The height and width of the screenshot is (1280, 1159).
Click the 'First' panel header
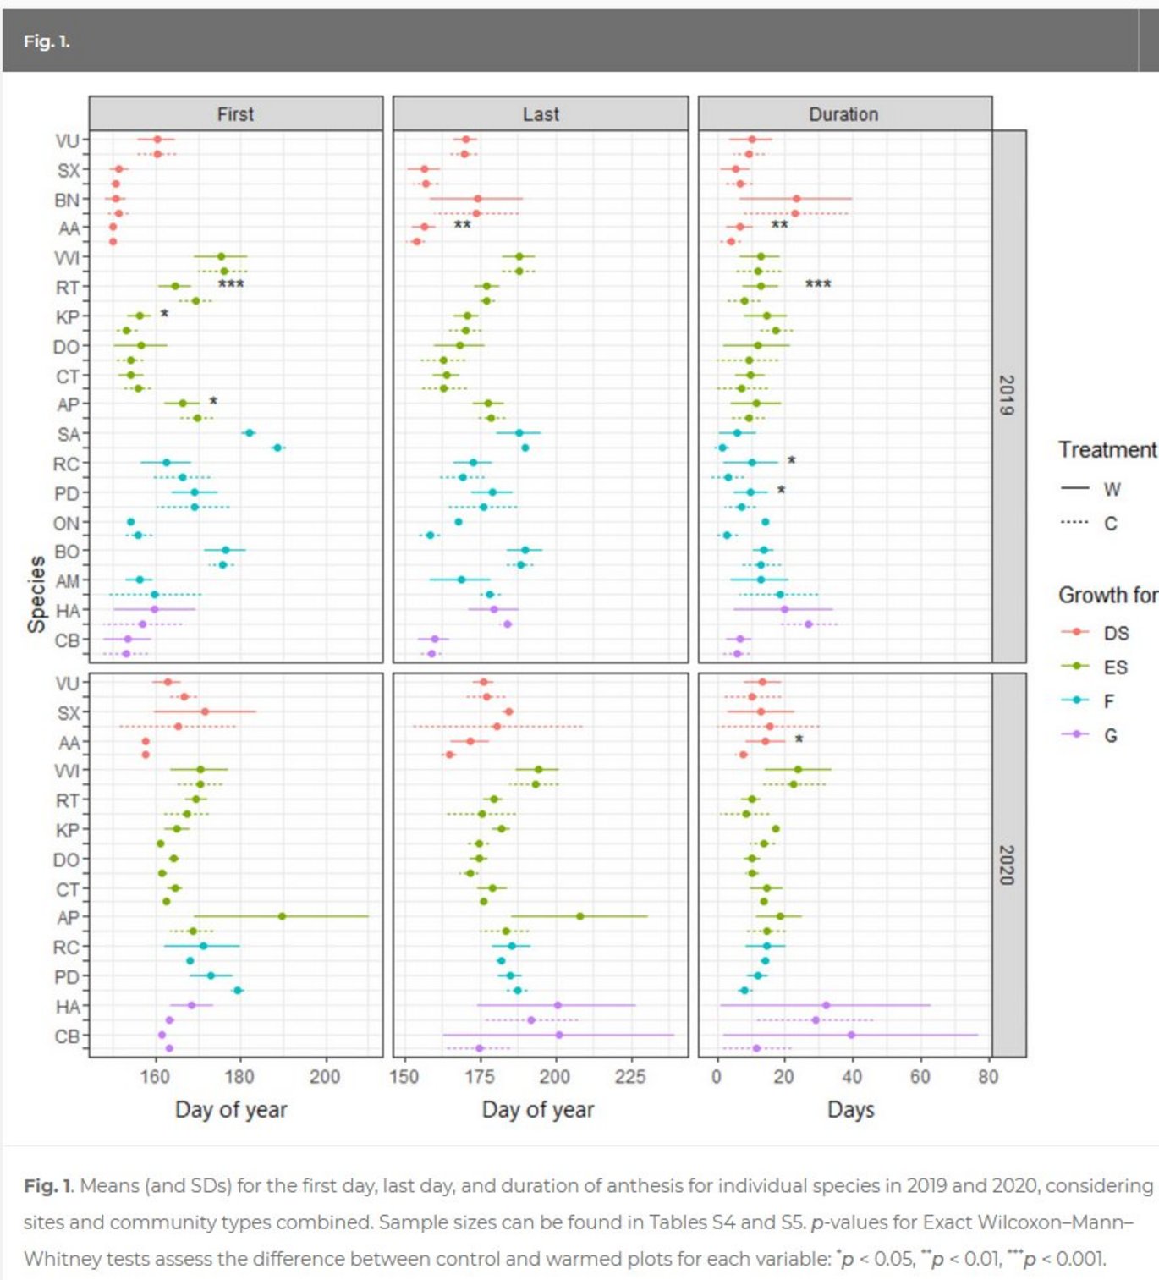(235, 114)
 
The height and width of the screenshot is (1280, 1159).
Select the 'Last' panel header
(541, 114)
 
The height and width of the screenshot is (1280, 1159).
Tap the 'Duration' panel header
(843, 114)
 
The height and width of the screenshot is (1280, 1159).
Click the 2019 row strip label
(1007, 395)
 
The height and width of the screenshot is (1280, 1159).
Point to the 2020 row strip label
(1007, 865)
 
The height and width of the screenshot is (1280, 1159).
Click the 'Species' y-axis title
(36, 594)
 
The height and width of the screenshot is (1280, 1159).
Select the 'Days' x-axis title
(850, 1109)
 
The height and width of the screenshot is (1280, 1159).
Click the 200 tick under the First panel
(325, 1077)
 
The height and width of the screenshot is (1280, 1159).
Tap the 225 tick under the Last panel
(630, 1077)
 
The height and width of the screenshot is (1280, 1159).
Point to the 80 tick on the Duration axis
(988, 1077)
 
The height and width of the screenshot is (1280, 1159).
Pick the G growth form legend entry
(1111, 736)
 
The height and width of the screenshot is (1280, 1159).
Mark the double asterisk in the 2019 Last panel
(462, 226)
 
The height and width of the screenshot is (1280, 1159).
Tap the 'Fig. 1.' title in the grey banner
(47, 41)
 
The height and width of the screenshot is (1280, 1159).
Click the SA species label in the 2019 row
(68, 435)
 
